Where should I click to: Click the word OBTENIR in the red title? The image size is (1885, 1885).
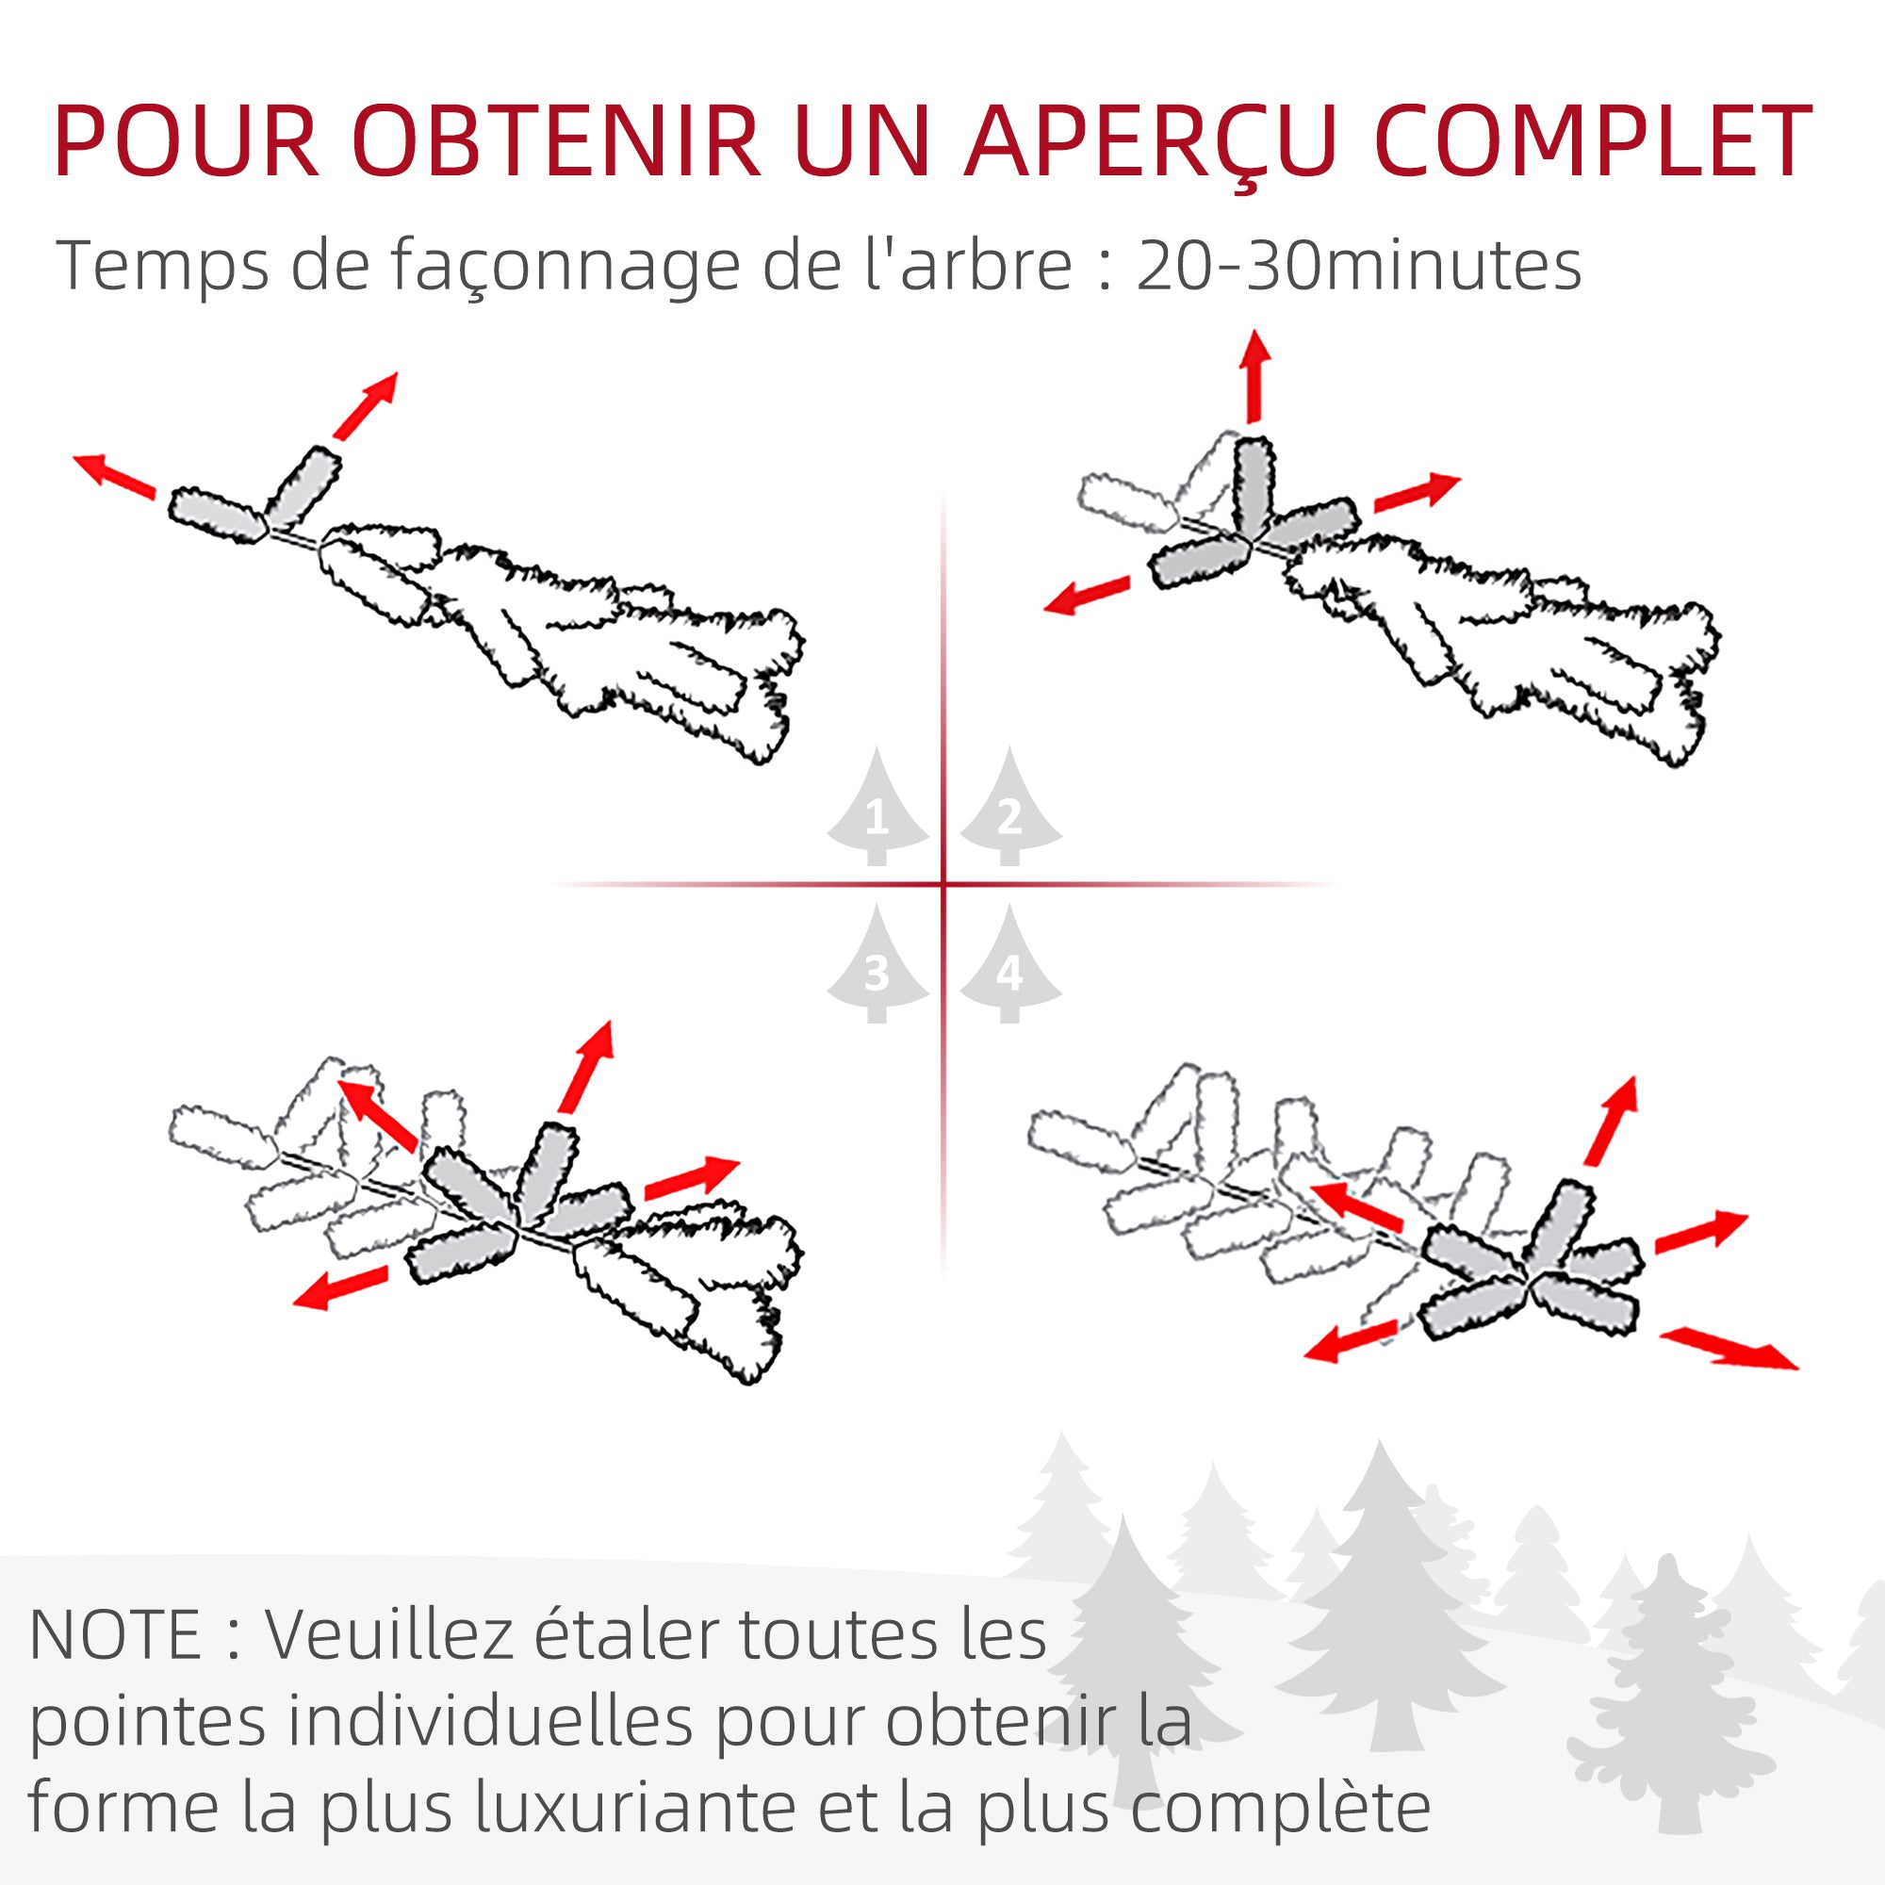pos(556,142)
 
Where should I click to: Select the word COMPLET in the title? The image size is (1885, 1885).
pos(1592,142)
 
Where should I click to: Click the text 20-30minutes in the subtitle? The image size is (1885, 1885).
pos(1358,266)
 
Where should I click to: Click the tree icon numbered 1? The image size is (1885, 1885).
pos(877,810)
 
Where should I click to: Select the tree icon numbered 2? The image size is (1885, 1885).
pos(1009,810)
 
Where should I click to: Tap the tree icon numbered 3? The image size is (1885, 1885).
pos(877,967)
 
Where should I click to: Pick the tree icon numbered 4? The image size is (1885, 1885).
pos(1009,967)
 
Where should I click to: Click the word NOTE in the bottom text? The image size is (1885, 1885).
pos(115,1636)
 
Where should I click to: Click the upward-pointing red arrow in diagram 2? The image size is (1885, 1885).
pos(1254,377)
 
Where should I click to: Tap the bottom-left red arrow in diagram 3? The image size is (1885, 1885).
pos(340,1287)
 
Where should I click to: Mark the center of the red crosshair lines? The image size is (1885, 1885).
pos(943,885)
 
